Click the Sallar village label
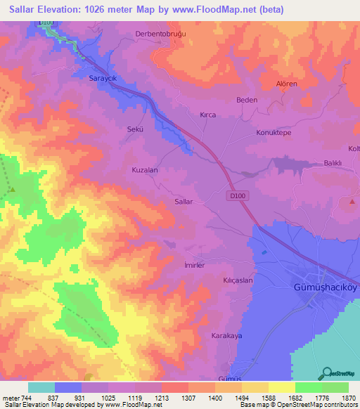tap(183, 202)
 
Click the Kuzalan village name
tap(145, 170)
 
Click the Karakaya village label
tap(226, 336)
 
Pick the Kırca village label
tap(207, 115)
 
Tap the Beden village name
tap(247, 100)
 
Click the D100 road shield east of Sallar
tap(236, 196)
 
